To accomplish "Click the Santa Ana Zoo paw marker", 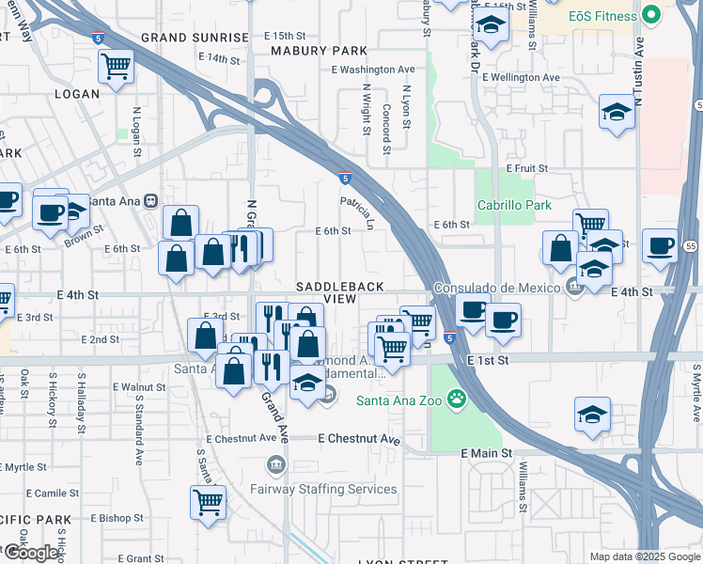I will pyautogui.click(x=457, y=399).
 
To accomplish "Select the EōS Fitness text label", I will pyautogui.click(x=601, y=16).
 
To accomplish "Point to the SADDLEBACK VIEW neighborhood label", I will pyautogui.click(x=327, y=291).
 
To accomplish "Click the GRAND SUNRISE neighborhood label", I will pyautogui.click(x=195, y=38).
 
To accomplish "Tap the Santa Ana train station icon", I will pyautogui.click(x=150, y=200).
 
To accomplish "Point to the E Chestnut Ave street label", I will pyautogui.click(x=359, y=439).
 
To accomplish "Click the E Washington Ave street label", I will pyautogui.click(x=373, y=70).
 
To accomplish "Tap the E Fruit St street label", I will pyautogui.click(x=526, y=168).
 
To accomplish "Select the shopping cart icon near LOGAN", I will pyautogui.click(x=116, y=66).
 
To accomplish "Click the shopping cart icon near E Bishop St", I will pyautogui.click(x=208, y=501).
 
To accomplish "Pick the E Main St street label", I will pyautogui.click(x=487, y=453).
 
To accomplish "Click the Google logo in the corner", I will pyautogui.click(x=31, y=554).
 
